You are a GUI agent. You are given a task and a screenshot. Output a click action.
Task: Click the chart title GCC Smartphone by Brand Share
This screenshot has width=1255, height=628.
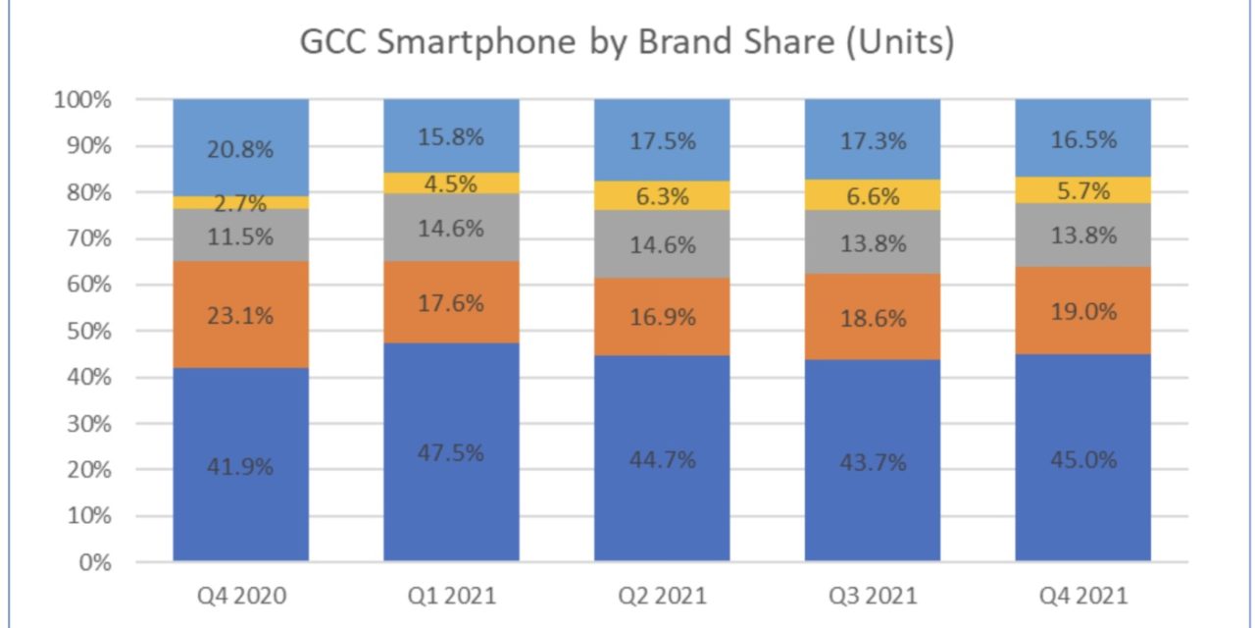pyautogui.click(x=627, y=44)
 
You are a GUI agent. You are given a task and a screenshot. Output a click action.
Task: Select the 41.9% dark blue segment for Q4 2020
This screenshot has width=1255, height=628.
pyautogui.click(x=241, y=465)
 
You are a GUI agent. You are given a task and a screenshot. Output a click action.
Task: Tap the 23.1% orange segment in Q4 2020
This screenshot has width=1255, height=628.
pyautogui.click(x=241, y=316)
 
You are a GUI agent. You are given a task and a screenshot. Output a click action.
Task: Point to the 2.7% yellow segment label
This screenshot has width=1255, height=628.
pyautogui.click(x=241, y=203)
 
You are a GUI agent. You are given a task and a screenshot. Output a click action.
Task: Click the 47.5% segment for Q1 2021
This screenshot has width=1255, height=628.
pyautogui.click(x=451, y=452)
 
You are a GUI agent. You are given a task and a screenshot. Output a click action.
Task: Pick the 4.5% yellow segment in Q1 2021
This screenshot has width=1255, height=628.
pyautogui.click(x=451, y=184)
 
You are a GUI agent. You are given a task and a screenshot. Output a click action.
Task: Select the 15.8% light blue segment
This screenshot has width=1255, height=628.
pyautogui.click(x=451, y=136)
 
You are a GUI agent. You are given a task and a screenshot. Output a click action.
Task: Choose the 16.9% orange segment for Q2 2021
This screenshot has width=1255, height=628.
pyautogui.click(x=662, y=317)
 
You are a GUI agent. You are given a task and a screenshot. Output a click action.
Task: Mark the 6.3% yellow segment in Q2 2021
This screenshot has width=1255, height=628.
pyautogui.click(x=662, y=195)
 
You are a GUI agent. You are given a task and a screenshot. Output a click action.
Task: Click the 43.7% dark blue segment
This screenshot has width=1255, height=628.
pyautogui.click(x=873, y=461)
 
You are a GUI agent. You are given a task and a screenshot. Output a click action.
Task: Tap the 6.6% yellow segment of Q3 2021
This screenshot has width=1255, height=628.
pyautogui.click(x=873, y=194)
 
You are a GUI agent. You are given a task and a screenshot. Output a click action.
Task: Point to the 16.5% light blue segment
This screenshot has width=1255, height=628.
pyautogui.click(x=1082, y=138)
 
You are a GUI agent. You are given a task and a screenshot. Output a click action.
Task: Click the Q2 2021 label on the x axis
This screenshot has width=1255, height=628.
pyautogui.click(x=662, y=596)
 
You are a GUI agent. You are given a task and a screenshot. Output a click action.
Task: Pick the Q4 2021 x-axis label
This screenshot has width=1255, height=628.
pyautogui.click(x=1082, y=596)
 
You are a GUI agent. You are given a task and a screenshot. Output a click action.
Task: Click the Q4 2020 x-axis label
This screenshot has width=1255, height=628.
pyautogui.click(x=241, y=596)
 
